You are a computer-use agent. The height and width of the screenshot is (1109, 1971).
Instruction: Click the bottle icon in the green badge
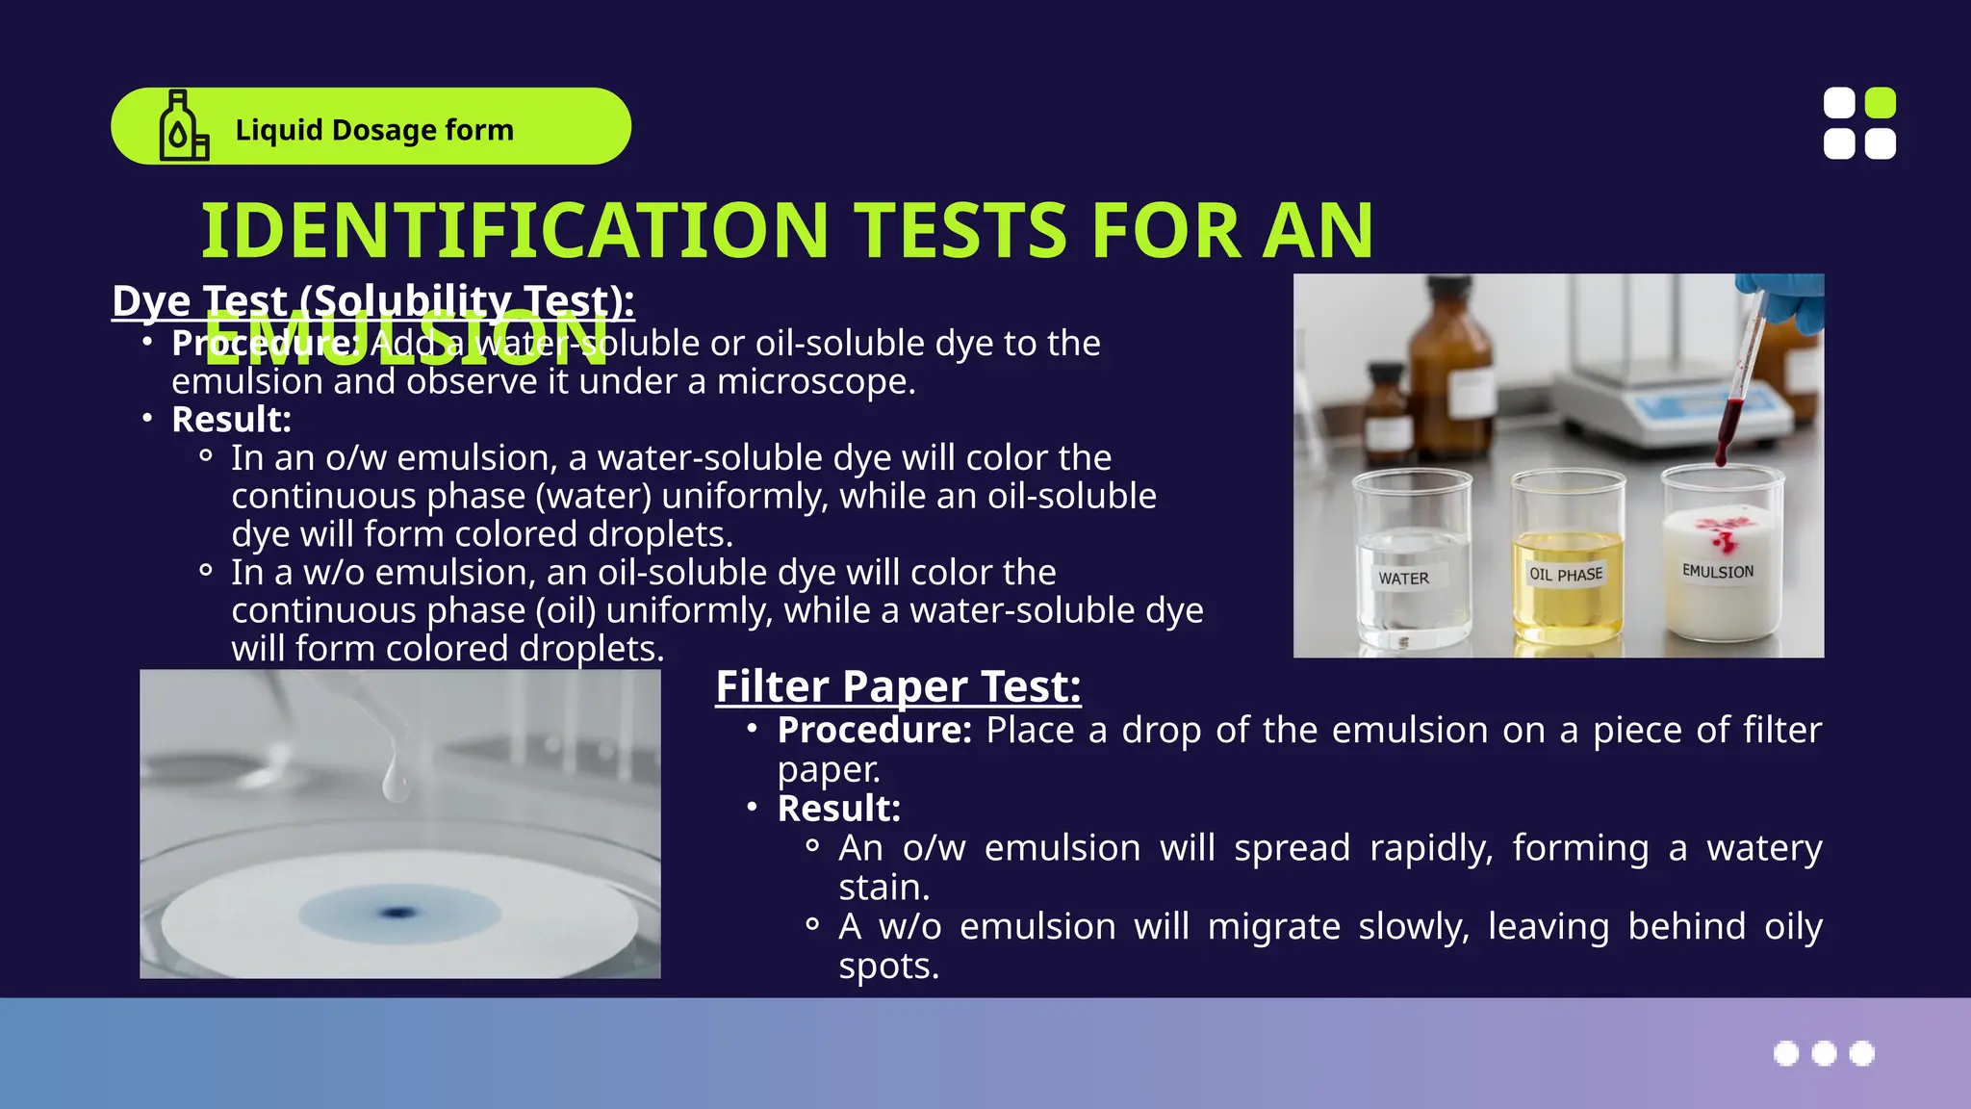pyautogui.click(x=183, y=126)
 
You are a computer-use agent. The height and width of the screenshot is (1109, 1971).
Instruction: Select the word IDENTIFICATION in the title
pyautogui.click(x=514, y=231)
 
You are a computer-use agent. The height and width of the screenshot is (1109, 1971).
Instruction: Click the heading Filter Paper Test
pyautogui.click(x=898, y=686)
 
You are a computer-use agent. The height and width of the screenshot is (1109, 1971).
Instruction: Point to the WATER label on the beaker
pyautogui.click(x=1403, y=579)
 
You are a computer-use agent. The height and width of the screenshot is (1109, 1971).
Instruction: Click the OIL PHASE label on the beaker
pyautogui.click(x=1566, y=575)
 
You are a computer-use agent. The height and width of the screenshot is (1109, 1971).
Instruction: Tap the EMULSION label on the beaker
pyautogui.click(x=1718, y=571)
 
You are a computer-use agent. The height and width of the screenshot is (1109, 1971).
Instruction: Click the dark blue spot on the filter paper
pyautogui.click(x=396, y=912)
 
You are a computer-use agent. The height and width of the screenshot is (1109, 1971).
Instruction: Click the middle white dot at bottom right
pyautogui.click(x=1824, y=1053)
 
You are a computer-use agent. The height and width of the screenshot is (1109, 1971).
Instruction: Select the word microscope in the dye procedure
pyautogui.click(x=815, y=382)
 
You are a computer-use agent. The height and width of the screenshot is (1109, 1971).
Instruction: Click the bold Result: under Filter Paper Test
pyautogui.click(x=838, y=809)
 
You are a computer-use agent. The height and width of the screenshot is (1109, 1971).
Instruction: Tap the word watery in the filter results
pyautogui.click(x=1764, y=848)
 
